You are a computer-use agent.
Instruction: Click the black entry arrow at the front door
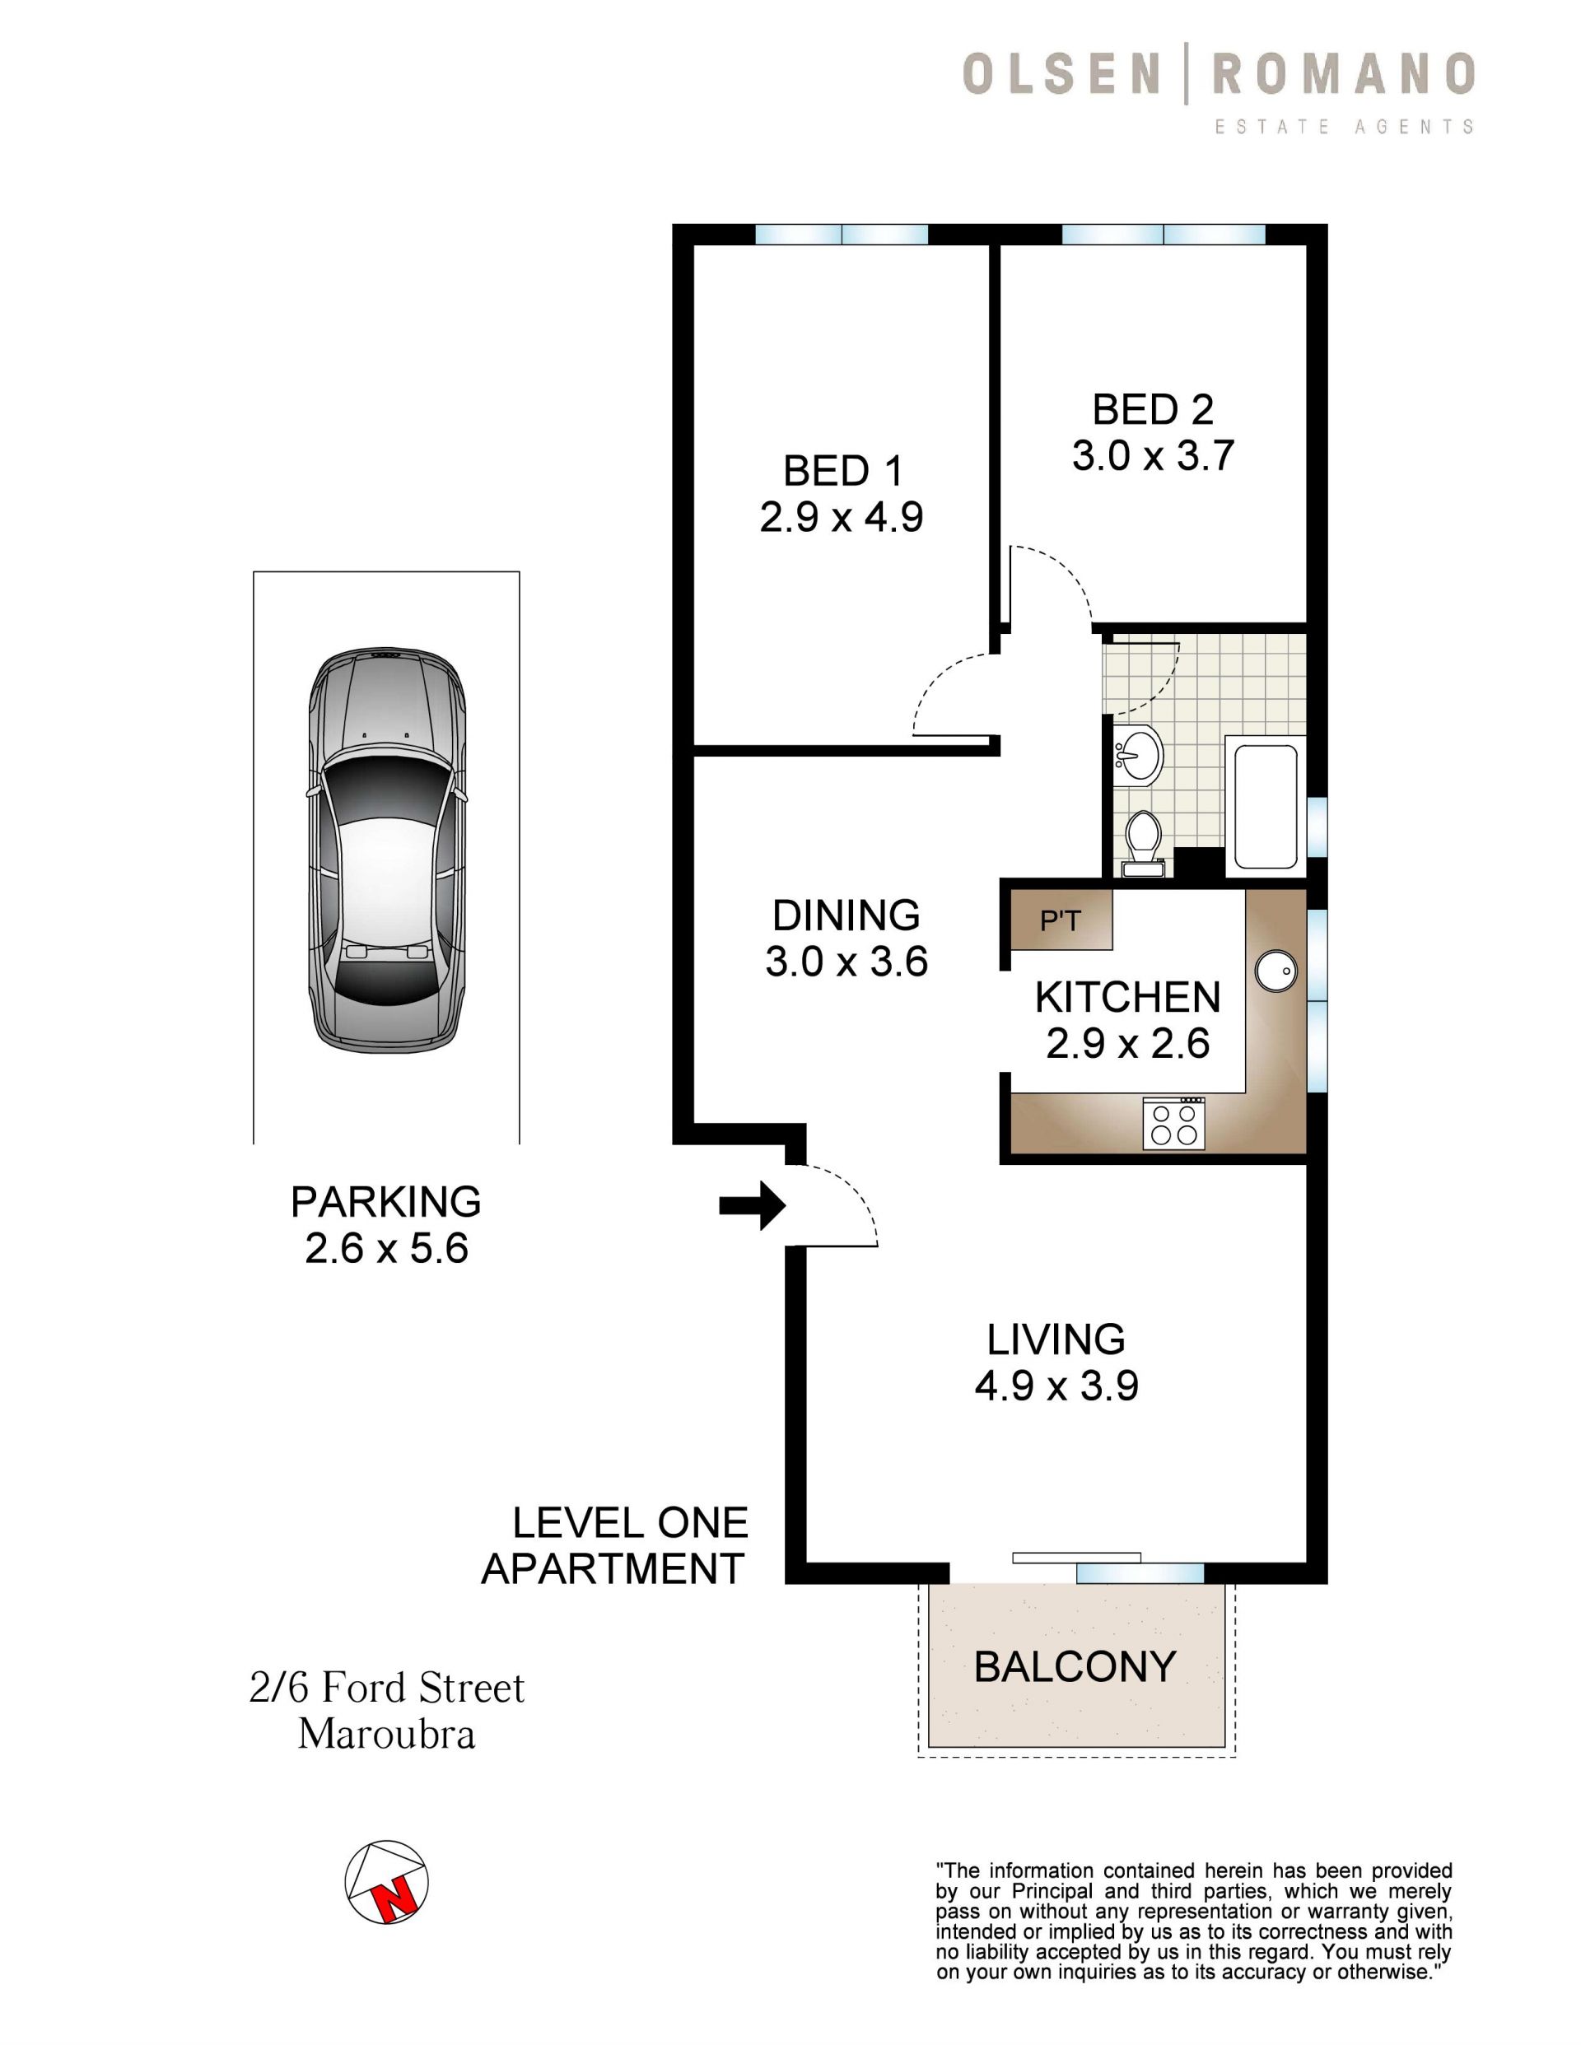pyautogui.click(x=752, y=1205)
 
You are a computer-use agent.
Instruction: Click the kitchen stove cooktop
pyautogui.click(x=1173, y=1124)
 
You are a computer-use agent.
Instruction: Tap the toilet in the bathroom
pyautogui.click(x=1143, y=844)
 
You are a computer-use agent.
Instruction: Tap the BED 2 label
pyautogui.click(x=1153, y=409)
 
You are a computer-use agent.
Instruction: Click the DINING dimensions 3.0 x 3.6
pyautogui.click(x=846, y=962)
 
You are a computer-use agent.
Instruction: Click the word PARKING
pyautogui.click(x=386, y=1201)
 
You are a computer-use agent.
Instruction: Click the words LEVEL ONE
pyautogui.click(x=630, y=1523)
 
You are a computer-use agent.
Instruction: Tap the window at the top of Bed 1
pyautogui.click(x=841, y=234)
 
